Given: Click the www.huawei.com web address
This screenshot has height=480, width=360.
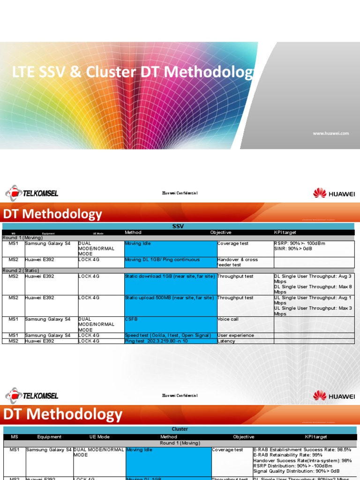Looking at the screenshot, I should [x=331, y=134].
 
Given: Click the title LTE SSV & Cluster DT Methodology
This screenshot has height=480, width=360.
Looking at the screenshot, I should [x=134, y=73].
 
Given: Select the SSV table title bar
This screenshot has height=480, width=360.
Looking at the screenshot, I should [x=178, y=226].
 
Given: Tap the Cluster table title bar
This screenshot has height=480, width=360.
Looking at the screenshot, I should [x=180, y=429].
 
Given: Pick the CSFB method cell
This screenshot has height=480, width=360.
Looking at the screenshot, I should [x=170, y=324].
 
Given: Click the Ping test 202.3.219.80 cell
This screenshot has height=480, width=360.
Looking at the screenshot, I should [x=170, y=341].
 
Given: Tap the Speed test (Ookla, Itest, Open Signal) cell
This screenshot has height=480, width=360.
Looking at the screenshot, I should [x=170, y=336].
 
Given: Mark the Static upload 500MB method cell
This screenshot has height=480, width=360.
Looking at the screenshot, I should [x=170, y=305].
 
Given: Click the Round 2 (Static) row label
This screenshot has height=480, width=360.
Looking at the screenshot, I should [x=22, y=270].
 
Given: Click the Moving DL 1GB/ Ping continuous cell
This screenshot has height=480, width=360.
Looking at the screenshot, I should [x=170, y=262].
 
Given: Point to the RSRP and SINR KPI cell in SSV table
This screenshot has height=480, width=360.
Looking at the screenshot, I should [x=314, y=248].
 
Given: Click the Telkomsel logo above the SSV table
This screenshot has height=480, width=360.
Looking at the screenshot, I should [x=32, y=193].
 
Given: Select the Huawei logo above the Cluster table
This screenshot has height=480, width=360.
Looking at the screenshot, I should [x=334, y=396].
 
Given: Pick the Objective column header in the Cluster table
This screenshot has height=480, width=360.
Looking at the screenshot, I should [x=244, y=437].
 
